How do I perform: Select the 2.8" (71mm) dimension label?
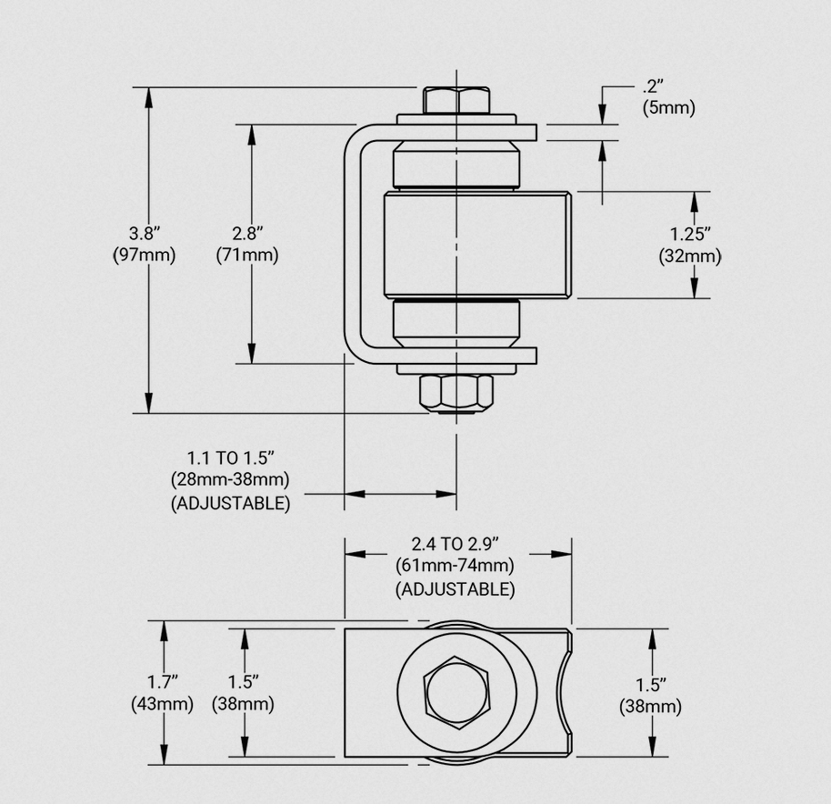[x=247, y=244]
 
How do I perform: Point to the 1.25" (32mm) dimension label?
[x=690, y=246]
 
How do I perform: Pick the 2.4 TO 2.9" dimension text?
[x=455, y=545]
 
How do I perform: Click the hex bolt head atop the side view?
[x=455, y=100]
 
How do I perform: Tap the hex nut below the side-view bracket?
[x=455, y=393]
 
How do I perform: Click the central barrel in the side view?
[x=476, y=244]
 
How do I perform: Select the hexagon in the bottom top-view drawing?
[x=456, y=691]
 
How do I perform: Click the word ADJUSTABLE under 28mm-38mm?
[x=230, y=503]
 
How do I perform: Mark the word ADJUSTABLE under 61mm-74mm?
[x=455, y=589]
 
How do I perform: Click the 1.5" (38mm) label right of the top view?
[x=651, y=694]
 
